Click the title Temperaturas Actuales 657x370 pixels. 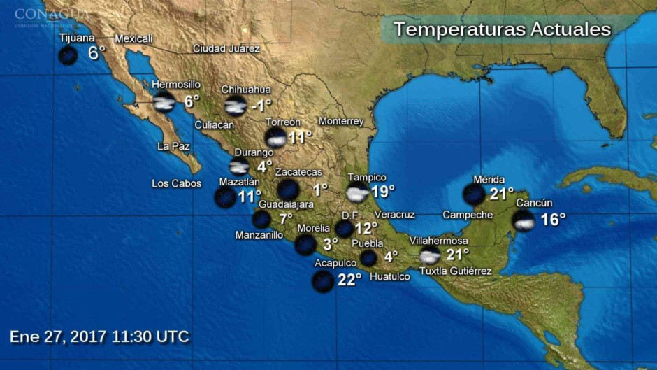click(502, 29)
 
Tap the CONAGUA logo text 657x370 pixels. click(51, 13)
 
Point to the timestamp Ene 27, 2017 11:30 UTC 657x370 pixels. click(99, 336)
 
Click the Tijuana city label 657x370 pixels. click(77, 38)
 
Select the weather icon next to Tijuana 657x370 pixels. click(68, 55)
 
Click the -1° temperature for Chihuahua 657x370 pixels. click(261, 106)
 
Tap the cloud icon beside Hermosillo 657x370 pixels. click(164, 102)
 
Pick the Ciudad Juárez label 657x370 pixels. click(226, 49)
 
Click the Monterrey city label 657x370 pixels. click(341, 121)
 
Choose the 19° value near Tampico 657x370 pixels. click(383, 191)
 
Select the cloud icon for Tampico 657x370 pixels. click(357, 193)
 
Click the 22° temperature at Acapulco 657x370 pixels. click(349, 279)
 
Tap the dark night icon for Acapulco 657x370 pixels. click(322, 280)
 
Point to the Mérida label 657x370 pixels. click(489, 180)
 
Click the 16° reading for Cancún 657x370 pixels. click(553, 220)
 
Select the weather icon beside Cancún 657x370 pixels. click(524, 220)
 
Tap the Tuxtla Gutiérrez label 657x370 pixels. click(455, 271)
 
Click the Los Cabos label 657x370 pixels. click(176, 184)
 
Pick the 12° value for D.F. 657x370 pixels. click(366, 228)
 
